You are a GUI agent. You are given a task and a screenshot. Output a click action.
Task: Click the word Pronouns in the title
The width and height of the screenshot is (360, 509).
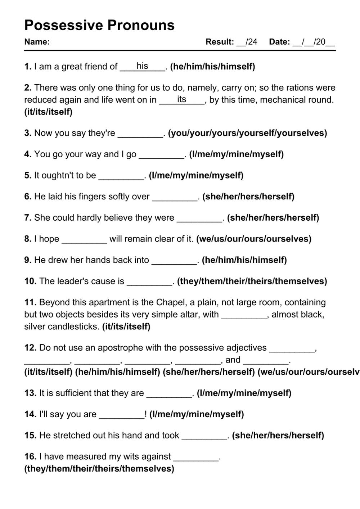point(141,25)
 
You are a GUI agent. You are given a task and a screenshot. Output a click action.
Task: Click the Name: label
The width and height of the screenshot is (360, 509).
point(37,42)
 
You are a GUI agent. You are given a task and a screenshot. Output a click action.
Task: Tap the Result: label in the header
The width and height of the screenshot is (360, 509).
point(220,42)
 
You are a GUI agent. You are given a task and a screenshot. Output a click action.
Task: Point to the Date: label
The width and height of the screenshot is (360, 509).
point(279,42)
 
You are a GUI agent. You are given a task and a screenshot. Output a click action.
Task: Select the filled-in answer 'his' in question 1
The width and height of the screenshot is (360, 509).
point(142,66)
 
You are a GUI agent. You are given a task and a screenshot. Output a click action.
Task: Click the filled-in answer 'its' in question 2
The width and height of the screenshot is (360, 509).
point(181,99)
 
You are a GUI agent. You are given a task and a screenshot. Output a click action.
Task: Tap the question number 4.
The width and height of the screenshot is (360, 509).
point(28,154)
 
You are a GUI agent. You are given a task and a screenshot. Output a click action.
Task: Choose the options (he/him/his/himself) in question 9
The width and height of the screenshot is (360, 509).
point(244,260)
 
